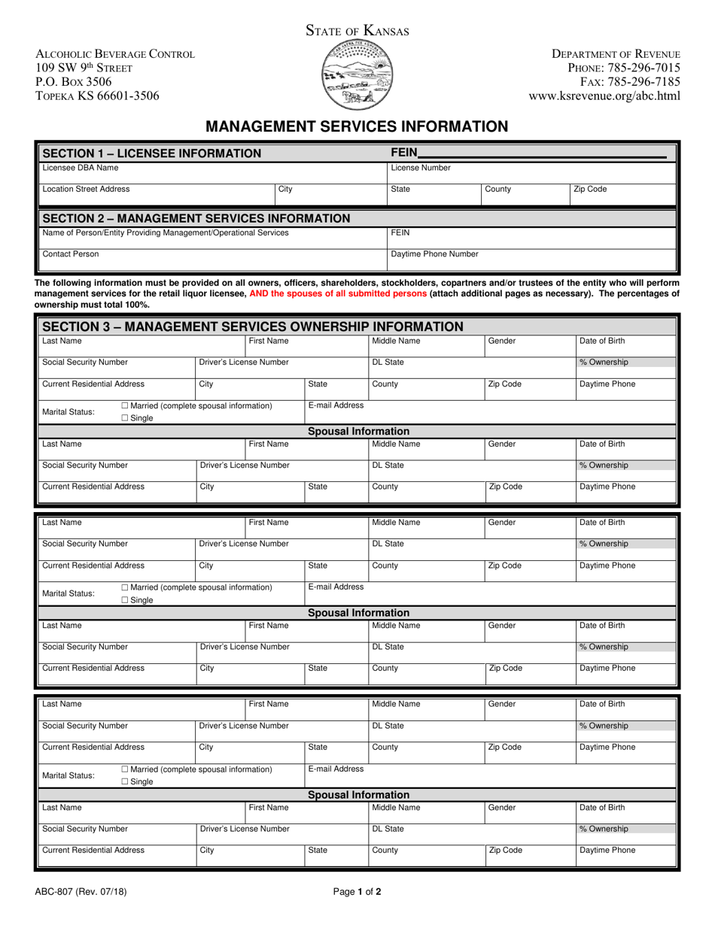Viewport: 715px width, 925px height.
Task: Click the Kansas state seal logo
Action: coord(357,75)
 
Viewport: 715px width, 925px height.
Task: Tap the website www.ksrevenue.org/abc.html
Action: coord(604,96)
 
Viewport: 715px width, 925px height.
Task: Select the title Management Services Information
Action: coord(357,126)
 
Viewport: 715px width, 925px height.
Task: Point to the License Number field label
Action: coord(421,168)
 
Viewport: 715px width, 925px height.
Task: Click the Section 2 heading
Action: coord(196,219)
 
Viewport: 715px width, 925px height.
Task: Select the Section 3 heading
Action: coord(253,326)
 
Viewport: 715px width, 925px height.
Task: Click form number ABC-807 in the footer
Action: coord(75,893)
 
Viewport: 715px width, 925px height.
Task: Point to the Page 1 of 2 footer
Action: coord(357,893)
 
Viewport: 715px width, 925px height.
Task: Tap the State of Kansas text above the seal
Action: coord(357,31)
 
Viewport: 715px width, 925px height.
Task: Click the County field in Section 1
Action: coord(523,194)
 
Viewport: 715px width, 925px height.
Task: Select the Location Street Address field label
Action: coord(86,190)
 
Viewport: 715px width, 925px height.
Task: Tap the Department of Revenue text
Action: coord(616,54)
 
